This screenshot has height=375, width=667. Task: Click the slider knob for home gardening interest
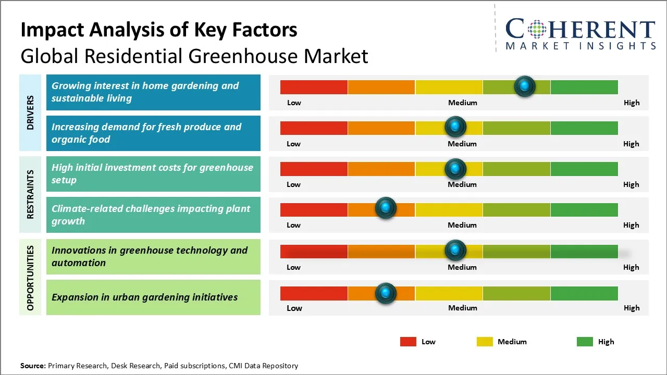click(x=525, y=86)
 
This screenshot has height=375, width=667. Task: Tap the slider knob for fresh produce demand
click(x=455, y=127)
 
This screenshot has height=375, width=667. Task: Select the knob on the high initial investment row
click(x=455, y=168)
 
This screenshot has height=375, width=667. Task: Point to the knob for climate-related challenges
click(x=386, y=208)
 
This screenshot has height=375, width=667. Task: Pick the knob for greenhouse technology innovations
click(x=455, y=251)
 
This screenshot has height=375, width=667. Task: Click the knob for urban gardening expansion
click(x=386, y=293)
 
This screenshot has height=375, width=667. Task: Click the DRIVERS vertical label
click(x=30, y=113)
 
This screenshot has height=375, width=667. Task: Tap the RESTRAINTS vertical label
click(x=30, y=194)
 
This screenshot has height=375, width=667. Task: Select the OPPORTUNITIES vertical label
click(x=30, y=278)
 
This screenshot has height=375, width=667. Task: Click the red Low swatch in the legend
click(x=408, y=342)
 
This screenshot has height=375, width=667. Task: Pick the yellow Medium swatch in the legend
click(x=485, y=342)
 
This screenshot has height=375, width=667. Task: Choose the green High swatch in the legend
click(x=585, y=342)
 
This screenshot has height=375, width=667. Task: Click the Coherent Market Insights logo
click(x=580, y=34)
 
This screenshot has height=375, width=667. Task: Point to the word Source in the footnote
click(x=32, y=366)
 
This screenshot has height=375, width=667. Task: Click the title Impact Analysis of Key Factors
click(x=159, y=30)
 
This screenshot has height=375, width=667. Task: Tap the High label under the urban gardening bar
click(x=632, y=308)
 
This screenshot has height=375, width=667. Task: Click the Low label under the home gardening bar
click(x=294, y=103)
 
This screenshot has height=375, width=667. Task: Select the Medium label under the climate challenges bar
click(x=462, y=225)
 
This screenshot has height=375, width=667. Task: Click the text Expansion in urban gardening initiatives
click(x=145, y=297)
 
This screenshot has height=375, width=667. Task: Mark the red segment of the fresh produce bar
click(x=314, y=128)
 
